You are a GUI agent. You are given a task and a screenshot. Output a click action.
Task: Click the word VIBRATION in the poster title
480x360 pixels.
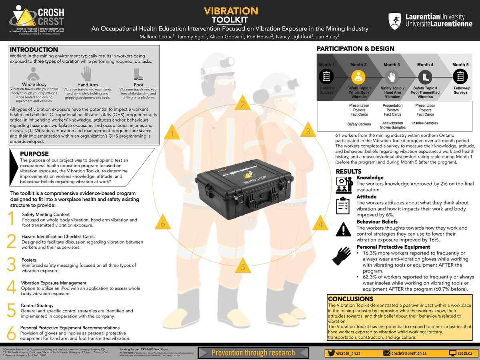pyautogui.click(x=231, y=11)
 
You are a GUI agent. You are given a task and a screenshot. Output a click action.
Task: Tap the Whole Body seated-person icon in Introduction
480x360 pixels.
pyautogui.click(x=34, y=74)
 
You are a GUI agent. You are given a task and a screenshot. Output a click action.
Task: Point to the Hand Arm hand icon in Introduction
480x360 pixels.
pyautogui.click(x=86, y=74)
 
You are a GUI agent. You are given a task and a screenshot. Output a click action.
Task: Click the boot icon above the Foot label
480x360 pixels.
pyautogui.click(x=138, y=74)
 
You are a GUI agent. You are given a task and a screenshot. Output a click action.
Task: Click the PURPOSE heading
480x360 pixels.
pyautogui.click(x=34, y=154)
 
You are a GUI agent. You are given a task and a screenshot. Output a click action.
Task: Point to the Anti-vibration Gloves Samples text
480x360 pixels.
pyautogui.click(x=392, y=126)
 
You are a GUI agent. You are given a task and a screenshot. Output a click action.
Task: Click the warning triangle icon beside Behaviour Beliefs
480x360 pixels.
pyautogui.click(x=344, y=229)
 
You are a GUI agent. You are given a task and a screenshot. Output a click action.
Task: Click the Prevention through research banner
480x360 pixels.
pyautogui.click(x=253, y=352)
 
